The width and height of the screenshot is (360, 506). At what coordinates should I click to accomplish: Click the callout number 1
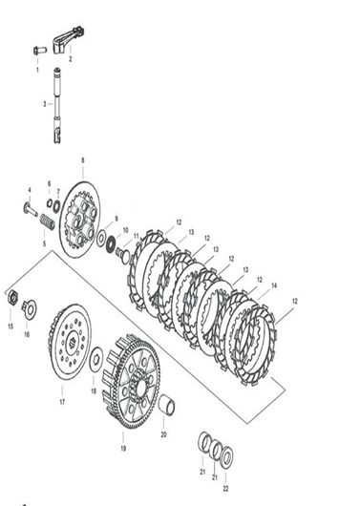37,70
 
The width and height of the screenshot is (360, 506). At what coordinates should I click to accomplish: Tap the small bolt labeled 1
40,51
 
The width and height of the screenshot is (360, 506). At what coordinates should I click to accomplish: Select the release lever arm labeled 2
69,40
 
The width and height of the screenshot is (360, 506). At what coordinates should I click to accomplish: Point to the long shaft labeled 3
57,106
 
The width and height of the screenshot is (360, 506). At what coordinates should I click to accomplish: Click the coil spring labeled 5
47,222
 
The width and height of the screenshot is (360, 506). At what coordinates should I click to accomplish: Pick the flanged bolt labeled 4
31,209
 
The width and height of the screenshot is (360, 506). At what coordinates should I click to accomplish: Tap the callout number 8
83,160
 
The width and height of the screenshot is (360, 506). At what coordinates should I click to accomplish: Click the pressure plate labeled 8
79,220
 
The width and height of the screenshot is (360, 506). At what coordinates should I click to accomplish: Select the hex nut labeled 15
12,297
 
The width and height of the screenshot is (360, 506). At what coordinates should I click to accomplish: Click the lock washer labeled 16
30,308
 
